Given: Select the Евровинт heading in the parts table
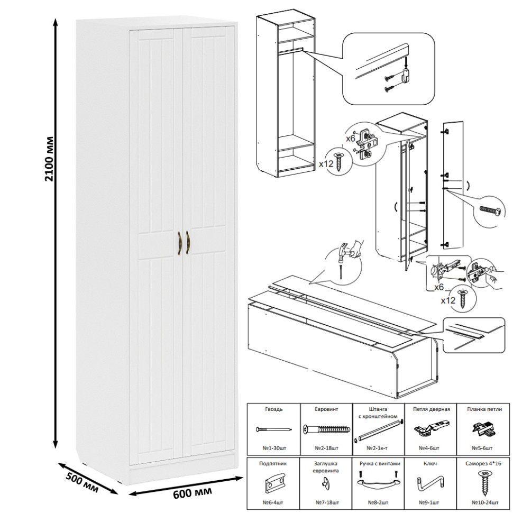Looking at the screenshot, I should coord(326,409).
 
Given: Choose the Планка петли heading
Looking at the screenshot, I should coord(484,409).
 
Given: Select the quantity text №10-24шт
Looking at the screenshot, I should coord(484,501).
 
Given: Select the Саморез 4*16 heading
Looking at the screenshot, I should coord(484,463).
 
